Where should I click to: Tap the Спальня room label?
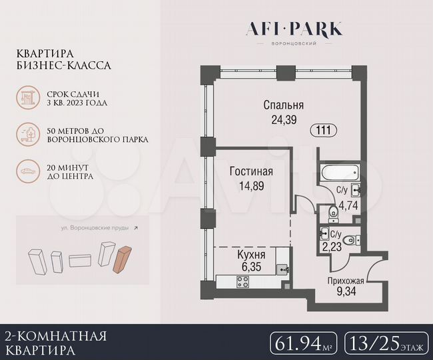tap(283, 105)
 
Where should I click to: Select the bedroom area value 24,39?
tap(283, 120)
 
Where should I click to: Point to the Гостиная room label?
tap(251, 172)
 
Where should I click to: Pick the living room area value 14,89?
tap(251, 186)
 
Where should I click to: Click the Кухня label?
tap(251, 255)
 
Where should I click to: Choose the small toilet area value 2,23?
tap(332, 246)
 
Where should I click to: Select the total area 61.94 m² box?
tap(304, 343)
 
